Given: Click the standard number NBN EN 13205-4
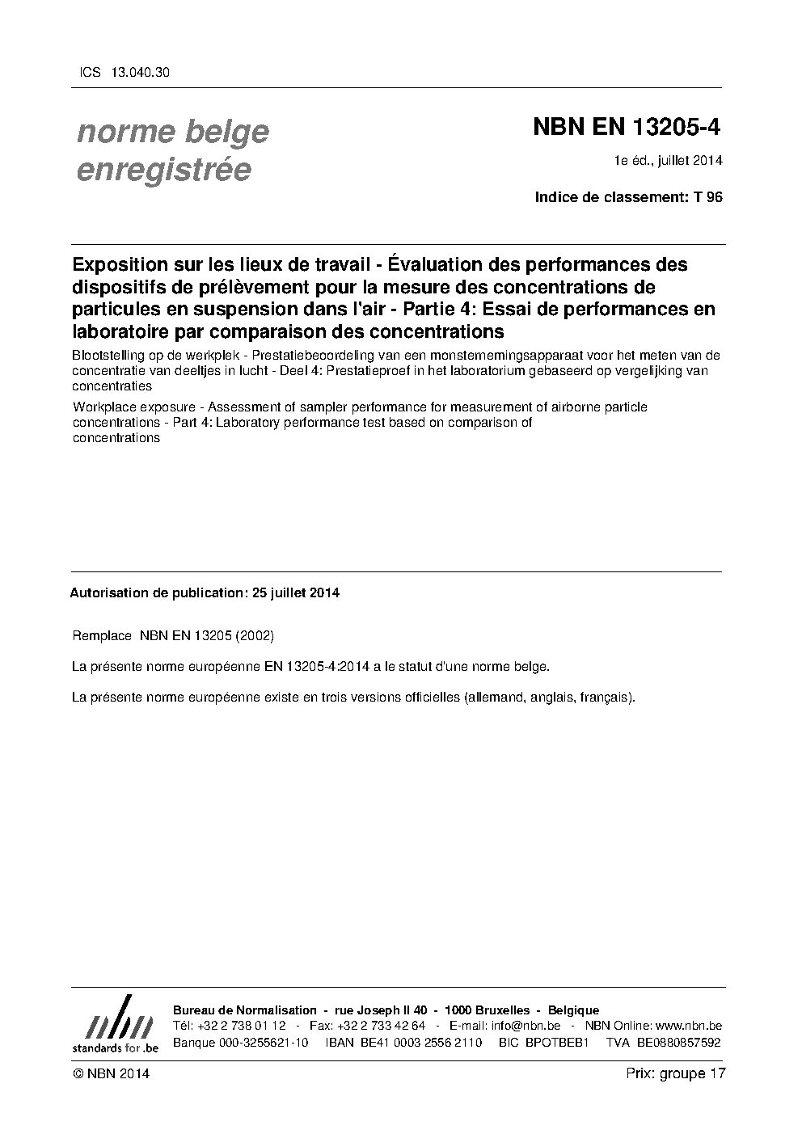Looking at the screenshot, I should (x=627, y=128).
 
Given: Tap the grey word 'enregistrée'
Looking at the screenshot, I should (x=163, y=171).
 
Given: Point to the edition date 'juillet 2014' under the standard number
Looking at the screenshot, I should (x=690, y=160).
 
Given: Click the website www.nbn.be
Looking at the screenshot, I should (x=689, y=1026).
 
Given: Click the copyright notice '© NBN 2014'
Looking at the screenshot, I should (x=111, y=1073).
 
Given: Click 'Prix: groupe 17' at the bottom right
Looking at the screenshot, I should (x=676, y=1073).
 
